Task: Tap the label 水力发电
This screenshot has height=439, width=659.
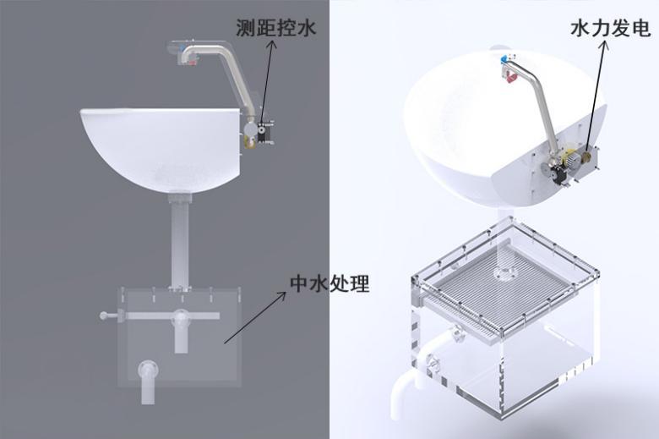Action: click(x=610, y=29)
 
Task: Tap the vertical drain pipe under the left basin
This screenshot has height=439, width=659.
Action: click(x=179, y=241)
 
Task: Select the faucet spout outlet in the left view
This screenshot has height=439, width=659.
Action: click(x=188, y=58)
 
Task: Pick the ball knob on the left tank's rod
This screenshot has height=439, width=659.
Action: click(x=104, y=316)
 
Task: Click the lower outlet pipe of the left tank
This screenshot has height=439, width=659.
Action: click(x=149, y=373)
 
